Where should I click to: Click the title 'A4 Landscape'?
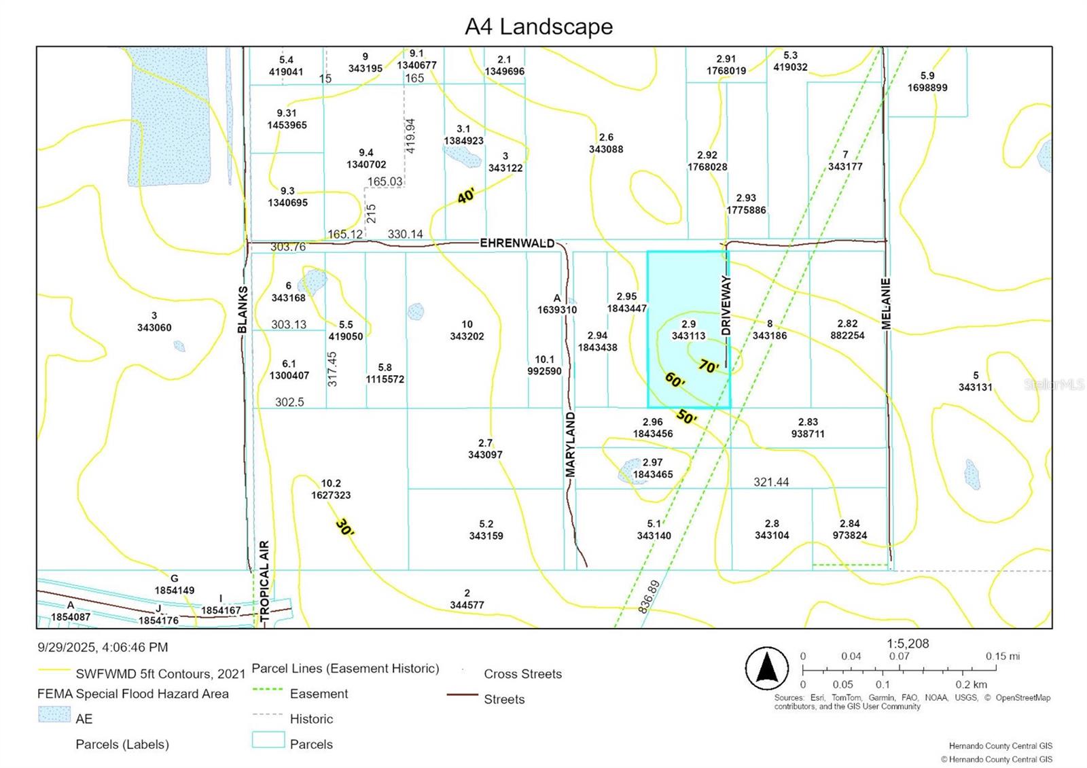point(539,27)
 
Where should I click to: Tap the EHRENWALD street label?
point(517,243)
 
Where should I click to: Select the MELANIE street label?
point(886,304)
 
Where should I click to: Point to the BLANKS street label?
point(243,309)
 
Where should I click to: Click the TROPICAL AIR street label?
point(264,582)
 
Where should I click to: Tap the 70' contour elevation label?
point(708,366)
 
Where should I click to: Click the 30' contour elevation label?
point(344,527)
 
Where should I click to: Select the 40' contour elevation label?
point(466,196)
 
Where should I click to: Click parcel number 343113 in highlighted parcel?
point(688,336)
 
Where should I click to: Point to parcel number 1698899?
point(927,88)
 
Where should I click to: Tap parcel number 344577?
point(467,605)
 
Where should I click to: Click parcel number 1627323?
point(331,495)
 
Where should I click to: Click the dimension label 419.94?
point(410,135)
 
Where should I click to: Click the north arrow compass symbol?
point(767,668)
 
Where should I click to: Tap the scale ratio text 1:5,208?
point(908,643)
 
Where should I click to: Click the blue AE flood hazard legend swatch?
point(54,714)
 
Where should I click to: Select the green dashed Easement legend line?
point(267,691)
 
